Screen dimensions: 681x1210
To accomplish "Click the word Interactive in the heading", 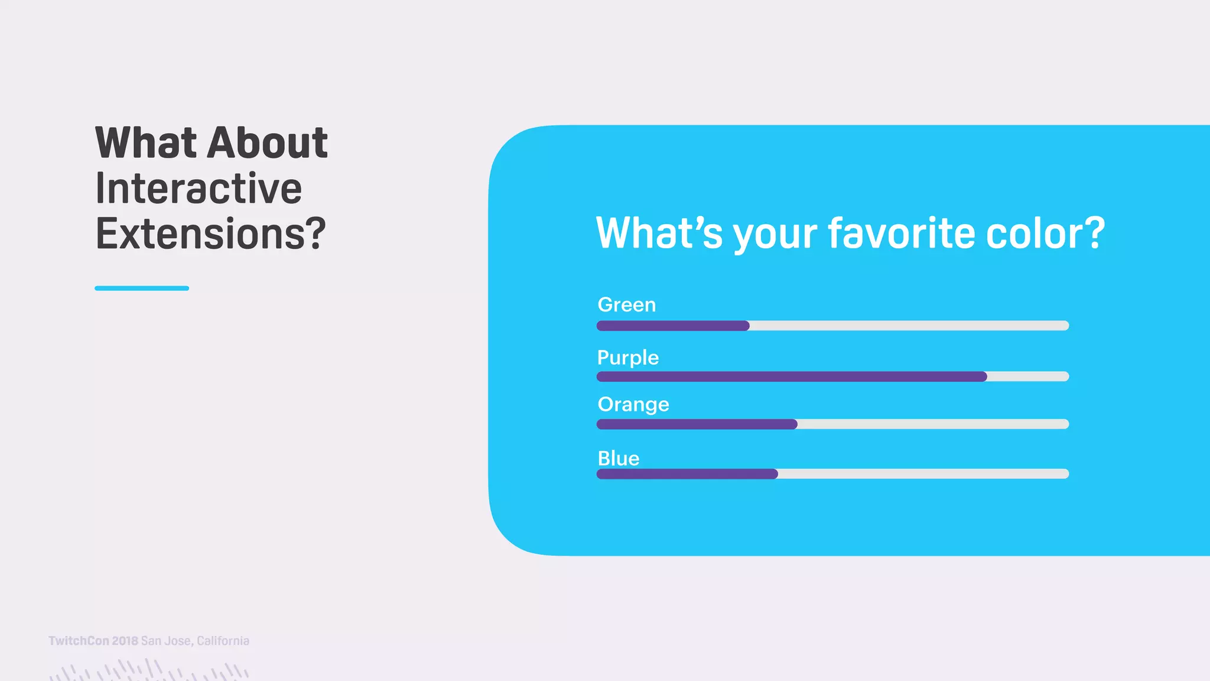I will [x=199, y=189].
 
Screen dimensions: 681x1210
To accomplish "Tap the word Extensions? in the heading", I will [x=210, y=234].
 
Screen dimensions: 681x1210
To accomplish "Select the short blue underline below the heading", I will [x=142, y=288].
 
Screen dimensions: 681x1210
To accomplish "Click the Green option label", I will [x=626, y=305].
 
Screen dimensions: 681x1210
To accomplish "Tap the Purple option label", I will [x=627, y=358].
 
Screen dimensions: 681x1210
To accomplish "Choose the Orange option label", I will [x=633, y=404].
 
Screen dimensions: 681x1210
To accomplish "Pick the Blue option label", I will [x=619, y=458].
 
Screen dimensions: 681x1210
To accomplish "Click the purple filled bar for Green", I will [x=673, y=326].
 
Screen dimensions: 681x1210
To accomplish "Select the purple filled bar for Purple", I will [x=792, y=377].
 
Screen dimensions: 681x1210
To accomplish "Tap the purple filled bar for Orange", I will [x=697, y=424].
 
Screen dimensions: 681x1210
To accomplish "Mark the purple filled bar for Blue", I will [x=687, y=474].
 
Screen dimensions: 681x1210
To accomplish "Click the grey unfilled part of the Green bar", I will [x=910, y=326].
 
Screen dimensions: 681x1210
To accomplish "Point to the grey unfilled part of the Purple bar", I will [x=1028, y=377].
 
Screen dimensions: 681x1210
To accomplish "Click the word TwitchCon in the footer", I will [x=79, y=641].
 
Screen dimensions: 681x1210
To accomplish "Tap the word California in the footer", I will [x=223, y=641].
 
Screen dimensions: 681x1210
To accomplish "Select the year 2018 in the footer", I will [x=125, y=641].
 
